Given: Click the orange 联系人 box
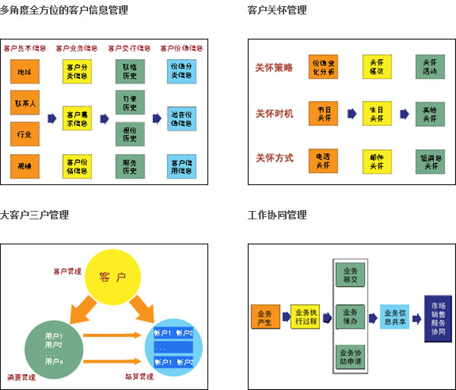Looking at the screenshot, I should [x=24, y=101].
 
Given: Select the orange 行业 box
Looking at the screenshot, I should [x=24, y=134].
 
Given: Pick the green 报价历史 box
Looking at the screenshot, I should [x=128, y=134].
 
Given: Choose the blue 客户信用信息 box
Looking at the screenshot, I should [x=181, y=165].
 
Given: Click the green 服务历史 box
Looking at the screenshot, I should [x=128, y=165].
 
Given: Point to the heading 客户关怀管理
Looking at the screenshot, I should [x=277, y=10].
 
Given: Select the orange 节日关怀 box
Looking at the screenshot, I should [x=324, y=114].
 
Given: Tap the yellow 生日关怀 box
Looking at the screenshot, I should [x=376, y=114].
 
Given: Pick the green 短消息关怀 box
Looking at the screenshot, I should [x=429, y=160].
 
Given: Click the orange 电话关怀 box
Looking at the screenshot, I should [x=324, y=160].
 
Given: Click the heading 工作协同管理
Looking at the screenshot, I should [x=277, y=215].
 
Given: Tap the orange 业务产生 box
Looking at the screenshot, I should [x=264, y=316].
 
